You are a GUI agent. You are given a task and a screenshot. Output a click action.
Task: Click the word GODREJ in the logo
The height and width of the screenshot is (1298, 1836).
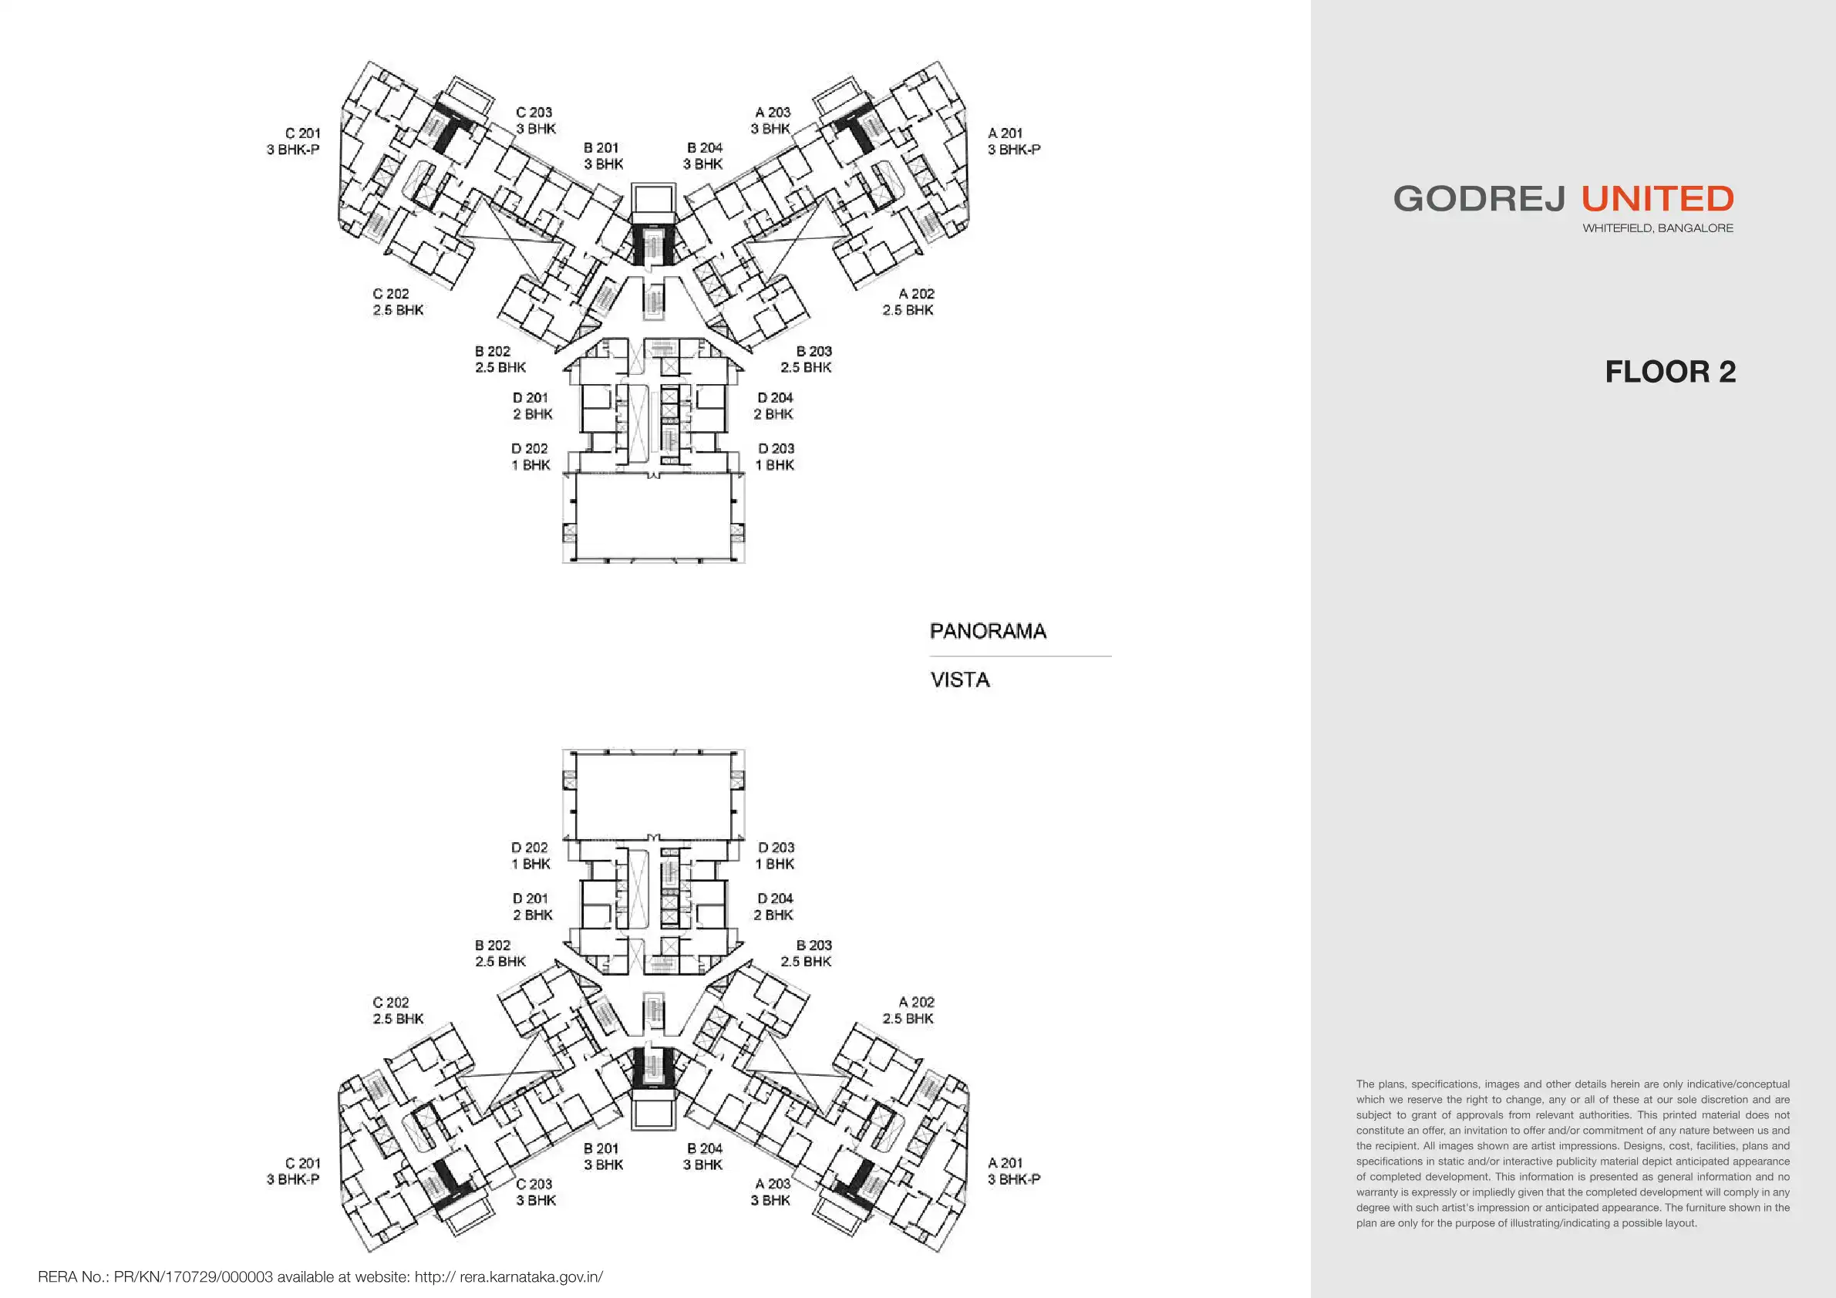pyautogui.click(x=1477, y=199)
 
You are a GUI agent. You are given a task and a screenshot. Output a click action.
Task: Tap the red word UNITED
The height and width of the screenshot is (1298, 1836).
pyautogui.click(x=1658, y=199)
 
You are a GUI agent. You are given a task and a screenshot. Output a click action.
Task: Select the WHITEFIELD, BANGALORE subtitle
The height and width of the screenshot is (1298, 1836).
pyautogui.click(x=1658, y=228)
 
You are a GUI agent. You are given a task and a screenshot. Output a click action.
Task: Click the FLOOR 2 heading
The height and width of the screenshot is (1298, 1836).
pyautogui.click(x=1669, y=372)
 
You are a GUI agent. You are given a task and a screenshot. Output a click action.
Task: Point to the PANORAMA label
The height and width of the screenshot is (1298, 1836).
pyautogui.click(x=988, y=631)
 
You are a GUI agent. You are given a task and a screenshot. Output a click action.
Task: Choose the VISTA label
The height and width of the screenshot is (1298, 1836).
pyautogui.click(x=959, y=679)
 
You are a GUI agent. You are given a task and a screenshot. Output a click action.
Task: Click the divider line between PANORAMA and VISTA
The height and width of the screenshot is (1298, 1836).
pyautogui.click(x=1020, y=656)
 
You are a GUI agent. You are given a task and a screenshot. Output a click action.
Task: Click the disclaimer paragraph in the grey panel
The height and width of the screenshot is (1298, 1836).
pyautogui.click(x=1572, y=1153)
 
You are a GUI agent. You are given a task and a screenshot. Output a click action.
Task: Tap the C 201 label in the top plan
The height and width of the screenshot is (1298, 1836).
pyautogui.click(x=302, y=133)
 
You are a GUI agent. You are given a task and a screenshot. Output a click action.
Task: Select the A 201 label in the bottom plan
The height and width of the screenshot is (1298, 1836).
pyautogui.click(x=1006, y=1163)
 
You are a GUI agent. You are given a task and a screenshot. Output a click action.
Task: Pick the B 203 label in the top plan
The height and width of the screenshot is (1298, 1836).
pyautogui.click(x=814, y=351)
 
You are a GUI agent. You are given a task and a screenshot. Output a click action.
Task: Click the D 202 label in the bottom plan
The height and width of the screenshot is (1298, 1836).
pyautogui.click(x=530, y=847)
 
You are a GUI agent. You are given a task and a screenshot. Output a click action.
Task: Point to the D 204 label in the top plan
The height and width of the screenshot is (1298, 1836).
pyautogui.click(x=775, y=397)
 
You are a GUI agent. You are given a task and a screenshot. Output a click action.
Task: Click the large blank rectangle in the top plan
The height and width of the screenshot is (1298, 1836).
pyautogui.click(x=654, y=516)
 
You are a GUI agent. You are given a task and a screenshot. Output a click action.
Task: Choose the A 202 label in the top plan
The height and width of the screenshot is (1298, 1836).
pyautogui.click(x=915, y=294)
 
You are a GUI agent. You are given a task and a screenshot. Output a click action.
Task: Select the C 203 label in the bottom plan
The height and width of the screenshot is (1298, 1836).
pyautogui.click(x=534, y=1184)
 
